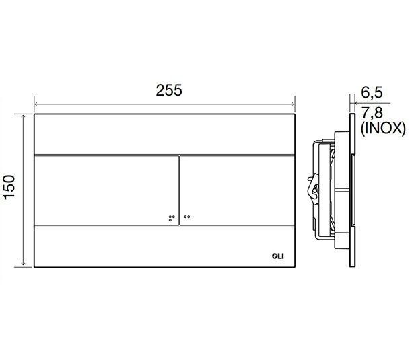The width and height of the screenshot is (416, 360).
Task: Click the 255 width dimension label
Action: [164, 91]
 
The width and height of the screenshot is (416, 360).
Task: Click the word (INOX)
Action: [383, 128]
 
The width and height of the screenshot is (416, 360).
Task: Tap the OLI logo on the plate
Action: [277, 254]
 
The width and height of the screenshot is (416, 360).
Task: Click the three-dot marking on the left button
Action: [170, 217]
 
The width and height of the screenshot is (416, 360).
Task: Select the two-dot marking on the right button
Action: [186, 216]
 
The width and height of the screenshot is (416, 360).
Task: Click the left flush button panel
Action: [106, 189]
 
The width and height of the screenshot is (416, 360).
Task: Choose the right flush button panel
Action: [236, 189]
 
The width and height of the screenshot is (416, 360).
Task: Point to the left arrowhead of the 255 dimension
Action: [36, 104]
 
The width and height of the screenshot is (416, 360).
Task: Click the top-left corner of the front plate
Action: [34, 114]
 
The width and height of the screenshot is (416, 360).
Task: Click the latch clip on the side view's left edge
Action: [312, 188]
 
